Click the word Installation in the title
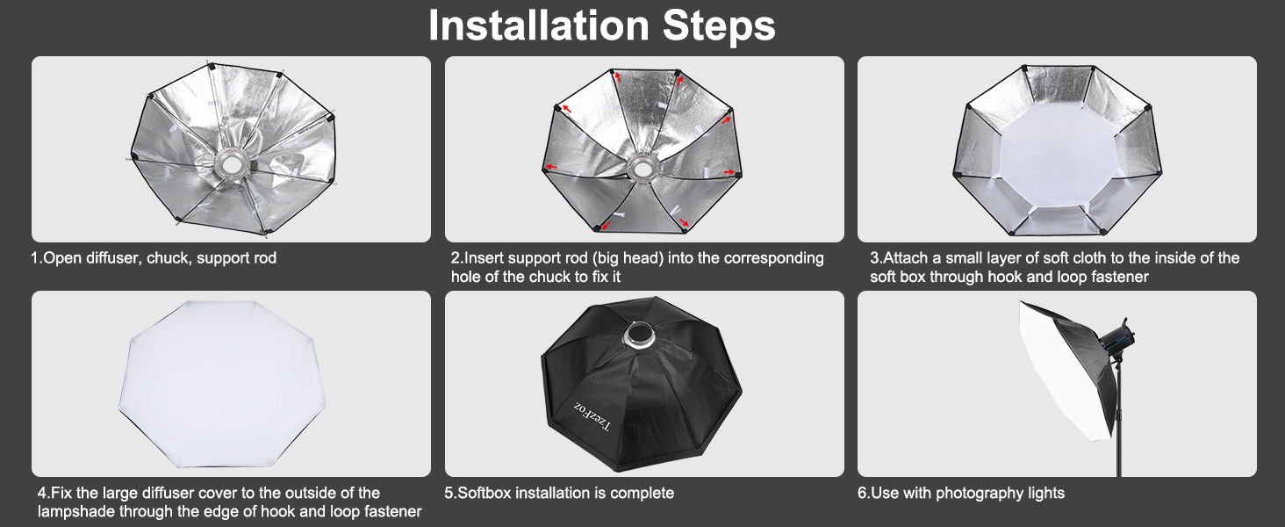539,25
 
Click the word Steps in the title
719,26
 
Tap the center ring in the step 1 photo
232,164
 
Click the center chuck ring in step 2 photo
640,168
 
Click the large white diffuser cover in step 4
221,383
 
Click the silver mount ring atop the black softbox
638,335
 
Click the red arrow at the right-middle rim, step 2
729,171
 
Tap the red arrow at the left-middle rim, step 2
551,167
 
